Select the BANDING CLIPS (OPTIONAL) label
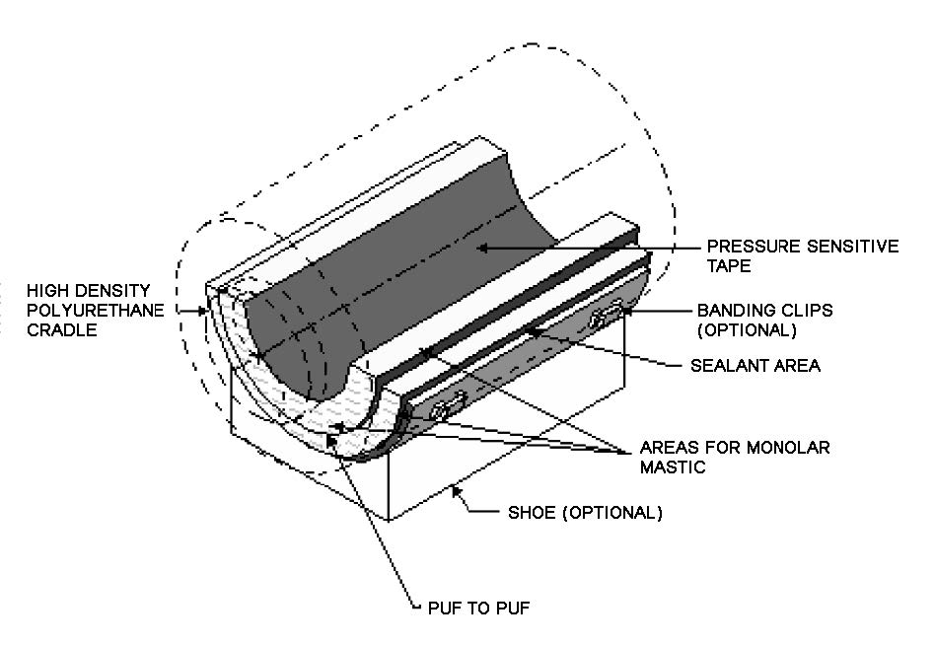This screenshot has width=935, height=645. click(764, 319)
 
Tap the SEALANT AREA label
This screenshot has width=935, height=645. click(755, 366)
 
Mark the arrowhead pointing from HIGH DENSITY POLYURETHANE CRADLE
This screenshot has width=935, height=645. click(208, 312)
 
